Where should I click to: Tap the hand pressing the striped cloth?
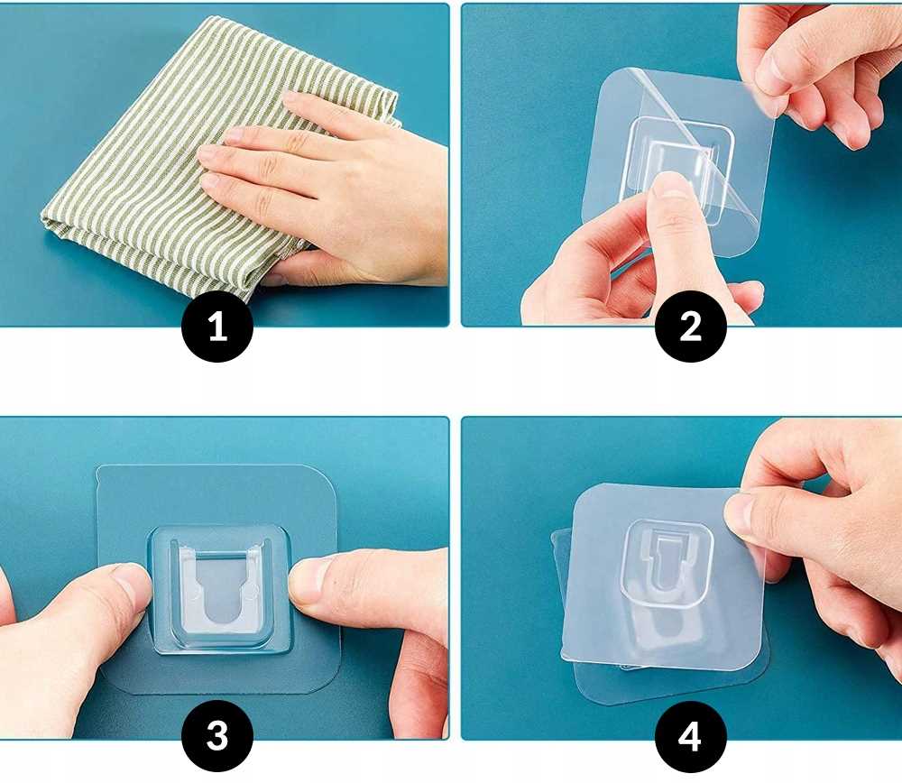pyautogui.click(x=328, y=184)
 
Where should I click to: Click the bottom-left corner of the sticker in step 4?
pyautogui.click(x=564, y=655)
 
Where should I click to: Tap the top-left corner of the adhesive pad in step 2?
pyautogui.click(x=603, y=82)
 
